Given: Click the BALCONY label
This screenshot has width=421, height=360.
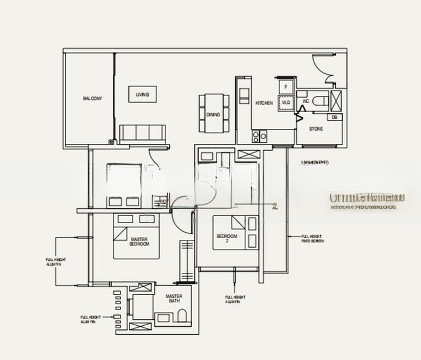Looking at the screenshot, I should (92, 98).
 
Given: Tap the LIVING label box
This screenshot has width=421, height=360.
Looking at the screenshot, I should (142, 95).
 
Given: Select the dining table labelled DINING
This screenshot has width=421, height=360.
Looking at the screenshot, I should (213, 113).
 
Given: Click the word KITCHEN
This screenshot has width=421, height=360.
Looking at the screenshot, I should (264, 103).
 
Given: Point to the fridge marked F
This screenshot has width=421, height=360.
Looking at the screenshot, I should (285, 87).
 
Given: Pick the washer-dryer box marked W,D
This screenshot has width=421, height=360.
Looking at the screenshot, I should (285, 103).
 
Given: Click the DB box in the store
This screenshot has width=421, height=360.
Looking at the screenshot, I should (334, 117).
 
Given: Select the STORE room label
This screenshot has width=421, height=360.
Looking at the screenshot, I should (316, 129).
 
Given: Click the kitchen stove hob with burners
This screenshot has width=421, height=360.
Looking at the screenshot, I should (260, 137).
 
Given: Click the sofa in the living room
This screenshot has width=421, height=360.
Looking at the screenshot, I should (142, 133).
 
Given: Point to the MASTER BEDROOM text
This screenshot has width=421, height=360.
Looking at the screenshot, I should (139, 242).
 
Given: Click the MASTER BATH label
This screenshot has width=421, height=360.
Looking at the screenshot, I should (174, 298).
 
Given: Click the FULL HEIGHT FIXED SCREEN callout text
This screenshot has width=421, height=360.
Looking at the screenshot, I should (312, 239).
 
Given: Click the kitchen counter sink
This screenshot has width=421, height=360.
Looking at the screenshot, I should (244, 93).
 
